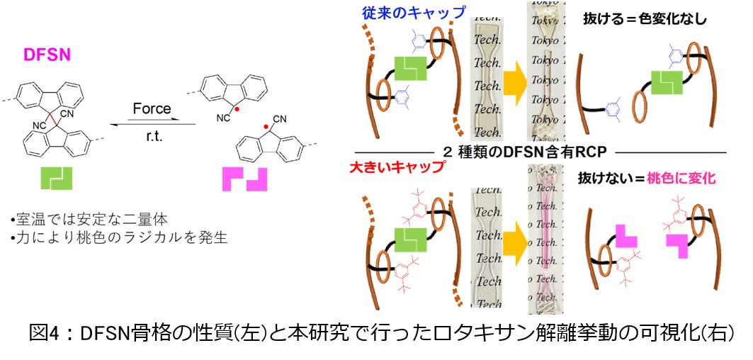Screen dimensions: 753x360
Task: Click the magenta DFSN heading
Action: tap(47, 55)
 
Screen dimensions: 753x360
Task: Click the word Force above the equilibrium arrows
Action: tap(152, 108)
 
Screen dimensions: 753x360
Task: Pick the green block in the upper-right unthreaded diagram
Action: tap(667, 83)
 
